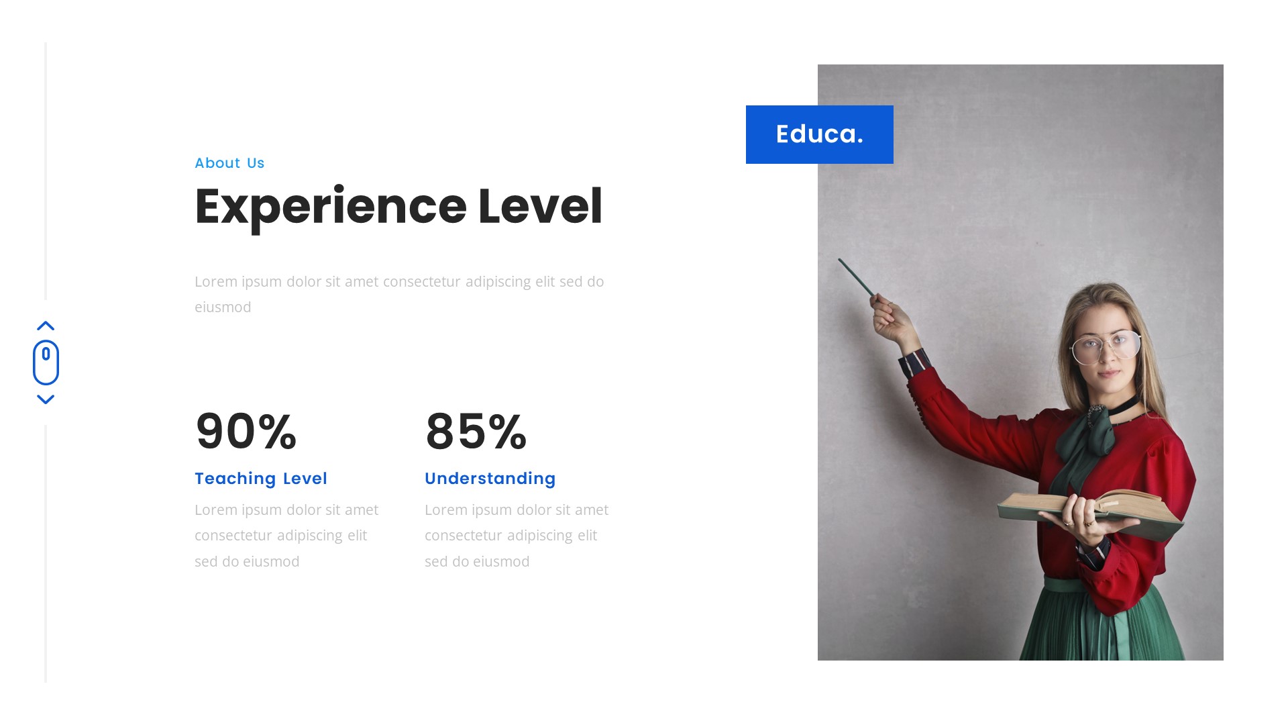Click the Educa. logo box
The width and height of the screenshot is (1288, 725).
coord(819,134)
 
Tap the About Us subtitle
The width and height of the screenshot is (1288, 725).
coord(229,163)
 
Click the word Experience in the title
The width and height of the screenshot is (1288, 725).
coord(330,207)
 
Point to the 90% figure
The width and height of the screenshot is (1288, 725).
coord(246,431)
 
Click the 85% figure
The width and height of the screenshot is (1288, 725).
coord(476,431)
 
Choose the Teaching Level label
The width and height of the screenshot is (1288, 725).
coord(261,479)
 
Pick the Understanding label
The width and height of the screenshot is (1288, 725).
coord(490,479)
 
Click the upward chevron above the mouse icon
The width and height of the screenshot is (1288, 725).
coord(46,326)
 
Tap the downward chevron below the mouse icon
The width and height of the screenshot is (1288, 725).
coord(46,399)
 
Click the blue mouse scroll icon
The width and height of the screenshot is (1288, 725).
coord(46,362)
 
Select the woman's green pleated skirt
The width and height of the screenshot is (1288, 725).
coord(1100,628)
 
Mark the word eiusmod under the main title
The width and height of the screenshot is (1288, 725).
coord(223,307)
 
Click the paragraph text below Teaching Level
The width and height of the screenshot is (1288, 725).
coord(286,536)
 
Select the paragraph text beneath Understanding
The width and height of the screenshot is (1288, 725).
coord(517,536)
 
